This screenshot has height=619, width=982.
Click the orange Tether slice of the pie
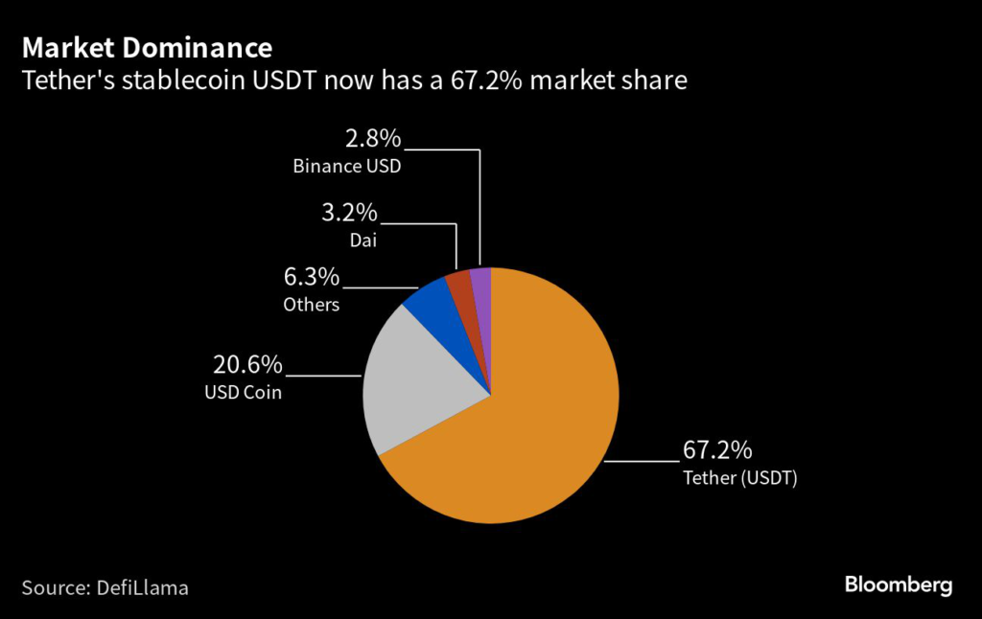[537, 422]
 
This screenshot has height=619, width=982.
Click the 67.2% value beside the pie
[717, 448]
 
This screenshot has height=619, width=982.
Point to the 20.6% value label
[246, 364]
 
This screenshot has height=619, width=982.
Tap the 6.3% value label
[312, 278]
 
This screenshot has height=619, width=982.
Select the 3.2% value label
[349, 212]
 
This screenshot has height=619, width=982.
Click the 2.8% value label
[373, 139]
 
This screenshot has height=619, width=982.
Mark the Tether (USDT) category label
[739, 477]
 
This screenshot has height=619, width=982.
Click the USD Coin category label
[243, 392]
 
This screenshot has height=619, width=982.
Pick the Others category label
[312, 305]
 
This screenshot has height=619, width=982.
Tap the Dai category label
[362, 240]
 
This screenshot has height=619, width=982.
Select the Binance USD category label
[346, 167]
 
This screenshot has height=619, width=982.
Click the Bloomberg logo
[898, 585]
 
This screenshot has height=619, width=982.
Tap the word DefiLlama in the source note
[143, 586]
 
